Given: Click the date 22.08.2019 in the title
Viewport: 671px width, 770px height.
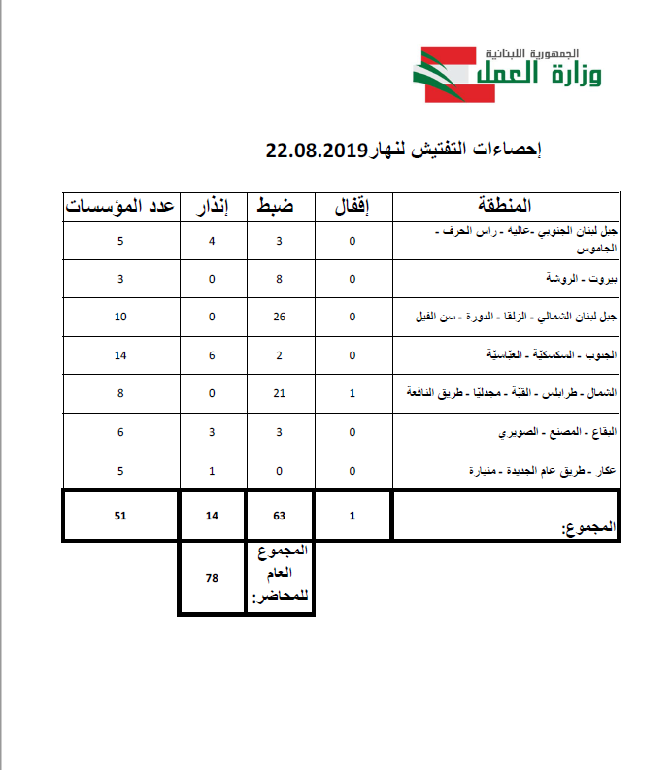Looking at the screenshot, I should click(x=315, y=151).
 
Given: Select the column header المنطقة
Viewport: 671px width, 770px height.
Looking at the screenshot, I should click(x=506, y=206).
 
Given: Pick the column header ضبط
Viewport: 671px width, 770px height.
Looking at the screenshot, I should click(x=279, y=206).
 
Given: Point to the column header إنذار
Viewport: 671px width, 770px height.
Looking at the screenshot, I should click(x=212, y=206).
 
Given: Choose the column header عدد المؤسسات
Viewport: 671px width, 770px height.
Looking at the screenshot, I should click(x=120, y=206).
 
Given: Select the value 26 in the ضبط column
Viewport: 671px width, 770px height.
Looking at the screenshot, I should click(x=279, y=318).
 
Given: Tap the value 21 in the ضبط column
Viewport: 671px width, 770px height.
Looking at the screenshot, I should click(x=279, y=393).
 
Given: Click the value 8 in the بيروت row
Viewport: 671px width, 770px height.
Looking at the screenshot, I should click(x=279, y=279).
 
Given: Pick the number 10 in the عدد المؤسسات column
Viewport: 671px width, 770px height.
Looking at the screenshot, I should click(x=120, y=318).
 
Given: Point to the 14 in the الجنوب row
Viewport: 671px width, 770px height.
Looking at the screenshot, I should click(x=120, y=355).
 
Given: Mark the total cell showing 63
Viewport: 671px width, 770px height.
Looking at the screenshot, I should click(x=279, y=517).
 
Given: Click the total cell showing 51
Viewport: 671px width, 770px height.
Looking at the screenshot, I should click(x=120, y=517).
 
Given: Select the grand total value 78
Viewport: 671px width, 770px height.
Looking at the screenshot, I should click(x=212, y=578).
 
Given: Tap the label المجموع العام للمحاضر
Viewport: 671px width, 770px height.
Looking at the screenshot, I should click(x=281, y=575).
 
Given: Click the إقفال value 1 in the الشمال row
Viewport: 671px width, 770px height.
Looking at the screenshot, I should click(x=352, y=393).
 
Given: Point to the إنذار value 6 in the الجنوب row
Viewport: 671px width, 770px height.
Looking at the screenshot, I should click(x=212, y=355).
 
